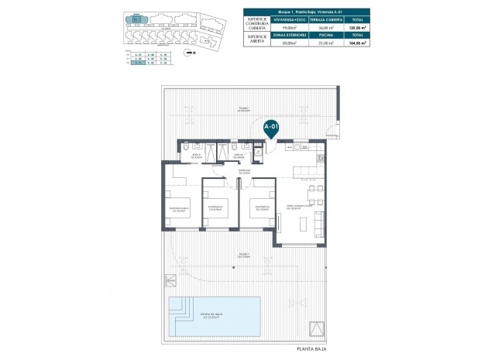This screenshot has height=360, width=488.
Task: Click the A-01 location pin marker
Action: coord(270,127)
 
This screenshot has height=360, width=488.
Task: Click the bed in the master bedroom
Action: coord(184,209)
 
